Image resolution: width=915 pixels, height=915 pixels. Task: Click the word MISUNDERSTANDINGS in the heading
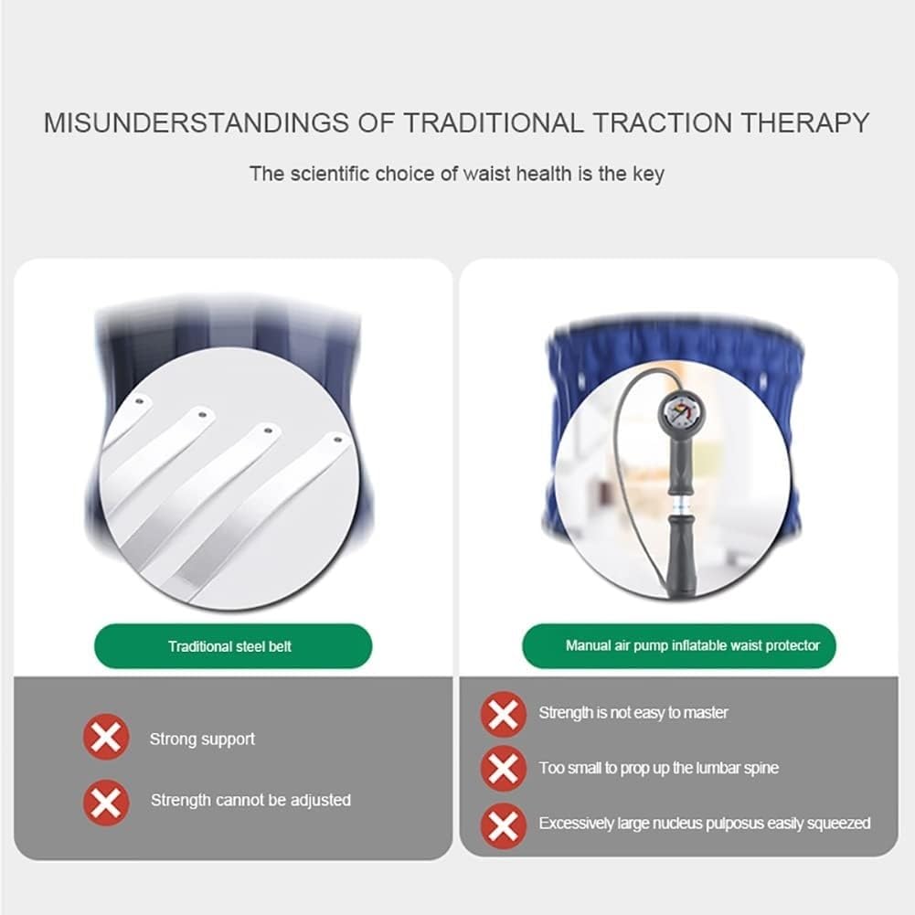pyautogui.click(x=195, y=122)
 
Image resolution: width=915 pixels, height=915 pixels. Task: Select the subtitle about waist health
pyautogui.click(x=456, y=174)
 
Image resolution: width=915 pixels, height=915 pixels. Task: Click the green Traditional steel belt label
pyautogui.click(x=229, y=646)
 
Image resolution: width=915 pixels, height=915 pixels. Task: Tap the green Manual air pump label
pyautogui.click(x=679, y=645)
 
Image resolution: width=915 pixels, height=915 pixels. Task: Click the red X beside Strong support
pyautogui.click(x=106, y=737)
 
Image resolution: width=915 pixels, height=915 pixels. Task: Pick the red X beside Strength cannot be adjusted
pyautogui.click(x=106, y=802)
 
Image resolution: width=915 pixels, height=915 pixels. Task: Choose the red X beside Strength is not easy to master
pyautogui.click(x=503, y=713)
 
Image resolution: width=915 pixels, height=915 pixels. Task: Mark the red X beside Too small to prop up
pyautogui.click(x=503, y=768)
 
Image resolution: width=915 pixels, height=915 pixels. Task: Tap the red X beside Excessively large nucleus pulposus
pyautogui.click(x=503, y=824)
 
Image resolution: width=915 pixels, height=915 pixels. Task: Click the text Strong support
pyautogui.click(x=202, y=739)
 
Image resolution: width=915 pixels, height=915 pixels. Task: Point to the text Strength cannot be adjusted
pyautogui.click(x=250, y=800)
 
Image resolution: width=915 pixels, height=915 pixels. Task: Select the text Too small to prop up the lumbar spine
pyautogui.click(x=658, y=768)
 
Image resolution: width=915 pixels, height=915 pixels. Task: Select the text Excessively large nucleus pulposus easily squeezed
pyautogui.click(x=704, y=824)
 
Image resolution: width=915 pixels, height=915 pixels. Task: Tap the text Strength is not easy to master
pyautogui.click(x=633, y=712)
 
